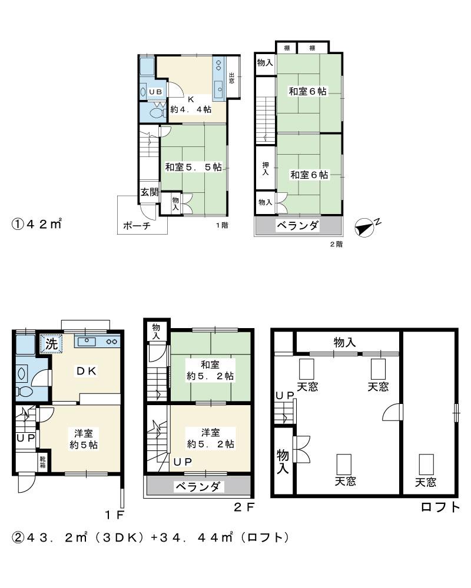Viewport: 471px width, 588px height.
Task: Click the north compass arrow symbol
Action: (x=366, y=226)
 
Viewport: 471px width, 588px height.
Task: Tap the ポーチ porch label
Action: (x=137, y=225)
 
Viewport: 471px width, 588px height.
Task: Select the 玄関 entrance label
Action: (x=149, y=192)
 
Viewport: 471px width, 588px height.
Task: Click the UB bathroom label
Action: (x=155, y=92)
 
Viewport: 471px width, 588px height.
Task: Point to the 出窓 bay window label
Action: (x=233, y=78)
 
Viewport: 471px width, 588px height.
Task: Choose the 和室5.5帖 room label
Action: (x=193, y=167)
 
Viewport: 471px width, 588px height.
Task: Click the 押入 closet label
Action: (x=265, y=169)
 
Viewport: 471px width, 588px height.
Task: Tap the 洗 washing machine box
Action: (x=52, y=345)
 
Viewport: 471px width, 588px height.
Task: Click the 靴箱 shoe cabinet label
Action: (x=43, y=460)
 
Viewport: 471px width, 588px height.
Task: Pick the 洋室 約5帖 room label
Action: (x=82, y=439)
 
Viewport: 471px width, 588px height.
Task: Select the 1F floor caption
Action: (x=114, y=516)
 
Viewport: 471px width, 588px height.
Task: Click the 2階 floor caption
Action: (x=336, y=245)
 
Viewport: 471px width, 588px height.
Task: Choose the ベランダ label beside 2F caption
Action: (x=198, y=486)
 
